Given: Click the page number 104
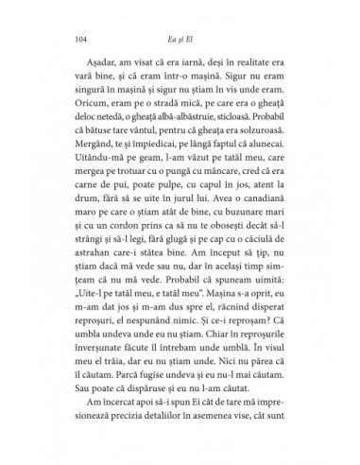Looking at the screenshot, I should point(77,40).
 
